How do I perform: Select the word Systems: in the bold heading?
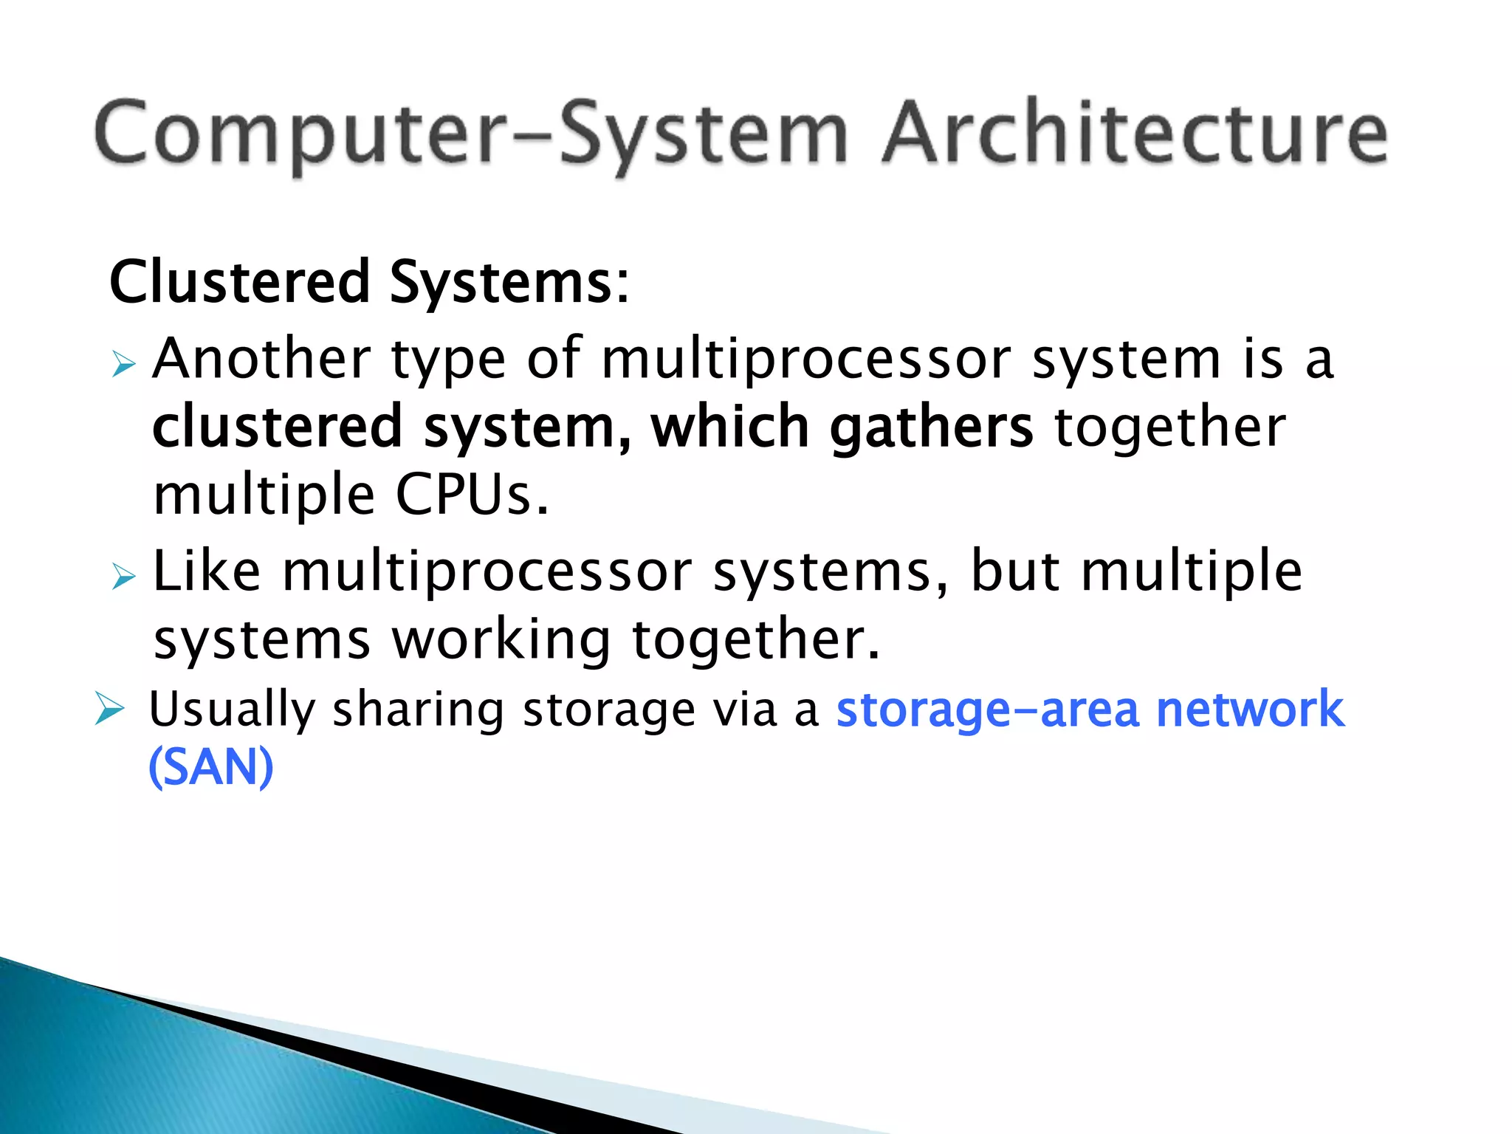click(x=509, y=283)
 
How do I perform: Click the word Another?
click(x=261, y=359)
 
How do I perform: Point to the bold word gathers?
click(x=931, y=428)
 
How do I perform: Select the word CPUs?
click(x=472, y=495)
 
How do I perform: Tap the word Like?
click(x=207, y=571)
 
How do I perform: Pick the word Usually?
click(x=232, y=710)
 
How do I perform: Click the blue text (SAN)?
click(x=211, y=768)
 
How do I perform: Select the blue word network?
click(x=1249, y=709)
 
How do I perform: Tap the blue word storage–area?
click(x=987, y=710)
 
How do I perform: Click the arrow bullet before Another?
click(x=124, y=364)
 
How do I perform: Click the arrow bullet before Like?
click(x=124, y=576)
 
